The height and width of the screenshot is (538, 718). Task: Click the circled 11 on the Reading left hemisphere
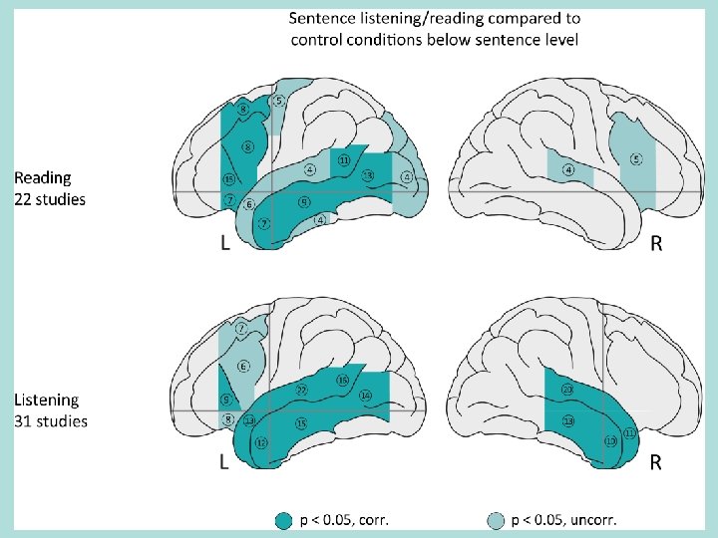(x=343, y=159)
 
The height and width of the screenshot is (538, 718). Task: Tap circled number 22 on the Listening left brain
(x=301, y=390)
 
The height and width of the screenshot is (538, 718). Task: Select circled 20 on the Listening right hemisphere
(x=566, y=389)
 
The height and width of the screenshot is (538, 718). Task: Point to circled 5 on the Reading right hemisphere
(x=636, y=159)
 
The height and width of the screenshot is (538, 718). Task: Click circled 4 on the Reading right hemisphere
(x=568, y=169)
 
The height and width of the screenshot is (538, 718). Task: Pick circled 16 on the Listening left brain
(x=342, y=380)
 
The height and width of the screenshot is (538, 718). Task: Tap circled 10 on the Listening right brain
(x=609, y=439)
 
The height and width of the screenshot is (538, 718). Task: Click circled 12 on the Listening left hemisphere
(x=261, y=442)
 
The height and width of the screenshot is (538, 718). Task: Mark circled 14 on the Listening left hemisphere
(x=365, y=396)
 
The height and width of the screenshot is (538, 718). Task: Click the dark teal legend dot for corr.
(x=284, y=519)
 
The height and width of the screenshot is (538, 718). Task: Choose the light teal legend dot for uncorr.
(x=496, y=519)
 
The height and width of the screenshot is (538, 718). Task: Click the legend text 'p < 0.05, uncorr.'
(x=563, y=519)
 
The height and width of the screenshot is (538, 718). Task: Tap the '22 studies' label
(x=49, y=199)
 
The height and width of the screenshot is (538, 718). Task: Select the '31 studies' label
(x=50, y=421)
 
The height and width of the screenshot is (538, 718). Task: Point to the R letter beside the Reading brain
(x=655, y=243)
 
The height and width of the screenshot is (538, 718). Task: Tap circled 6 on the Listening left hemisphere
(x=242, y=367)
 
